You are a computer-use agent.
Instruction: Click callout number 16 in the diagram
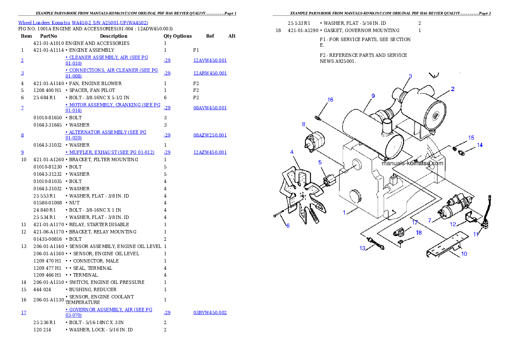coord(330,100)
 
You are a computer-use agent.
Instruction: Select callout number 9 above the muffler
coord(373,96)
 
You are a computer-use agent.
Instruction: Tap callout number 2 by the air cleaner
coord(453,89)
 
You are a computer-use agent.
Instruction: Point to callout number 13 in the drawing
coord(362,248)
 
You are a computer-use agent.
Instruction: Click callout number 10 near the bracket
coord(464,254)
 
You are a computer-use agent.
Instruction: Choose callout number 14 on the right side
coord(479,145)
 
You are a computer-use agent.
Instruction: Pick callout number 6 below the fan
coord(288,225)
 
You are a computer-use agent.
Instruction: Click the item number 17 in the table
coord(24,313)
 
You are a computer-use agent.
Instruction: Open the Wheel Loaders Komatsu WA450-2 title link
coord(83,22)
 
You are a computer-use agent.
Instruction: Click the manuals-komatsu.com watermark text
coord(412,163)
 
